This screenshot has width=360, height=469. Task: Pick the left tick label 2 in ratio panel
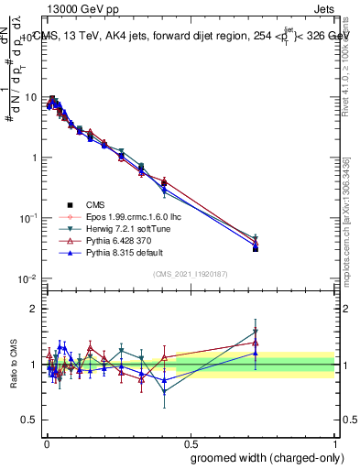point(35,309)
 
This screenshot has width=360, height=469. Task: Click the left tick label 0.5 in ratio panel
point(30,420)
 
